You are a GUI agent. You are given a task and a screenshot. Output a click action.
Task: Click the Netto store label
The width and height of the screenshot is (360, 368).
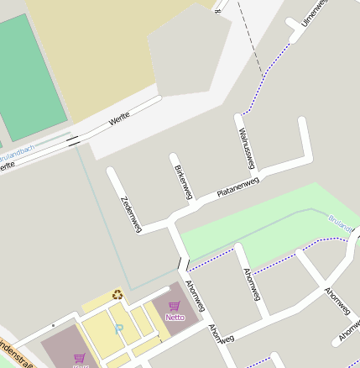[x=175, y=318]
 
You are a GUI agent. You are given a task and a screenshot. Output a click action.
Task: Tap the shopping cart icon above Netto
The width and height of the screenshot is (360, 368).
[x=175, y=307]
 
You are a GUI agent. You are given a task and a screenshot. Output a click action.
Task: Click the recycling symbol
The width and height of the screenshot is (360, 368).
[x=117, y=294]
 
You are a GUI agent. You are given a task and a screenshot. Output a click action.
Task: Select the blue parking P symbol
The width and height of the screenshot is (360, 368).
[x=119, y=328]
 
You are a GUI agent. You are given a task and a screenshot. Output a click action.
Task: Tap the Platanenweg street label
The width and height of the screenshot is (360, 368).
[x=238, y=186]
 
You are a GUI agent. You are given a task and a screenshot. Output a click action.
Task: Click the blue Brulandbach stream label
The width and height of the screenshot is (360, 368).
[x=17, y=150]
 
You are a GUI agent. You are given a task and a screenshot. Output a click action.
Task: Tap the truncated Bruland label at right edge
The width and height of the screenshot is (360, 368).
[x=343, y=222]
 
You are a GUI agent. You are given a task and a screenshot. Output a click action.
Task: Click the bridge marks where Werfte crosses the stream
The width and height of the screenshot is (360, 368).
[x=75, y=139]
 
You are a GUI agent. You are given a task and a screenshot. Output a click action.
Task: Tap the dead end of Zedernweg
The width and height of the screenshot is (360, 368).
[x=111, y=173]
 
